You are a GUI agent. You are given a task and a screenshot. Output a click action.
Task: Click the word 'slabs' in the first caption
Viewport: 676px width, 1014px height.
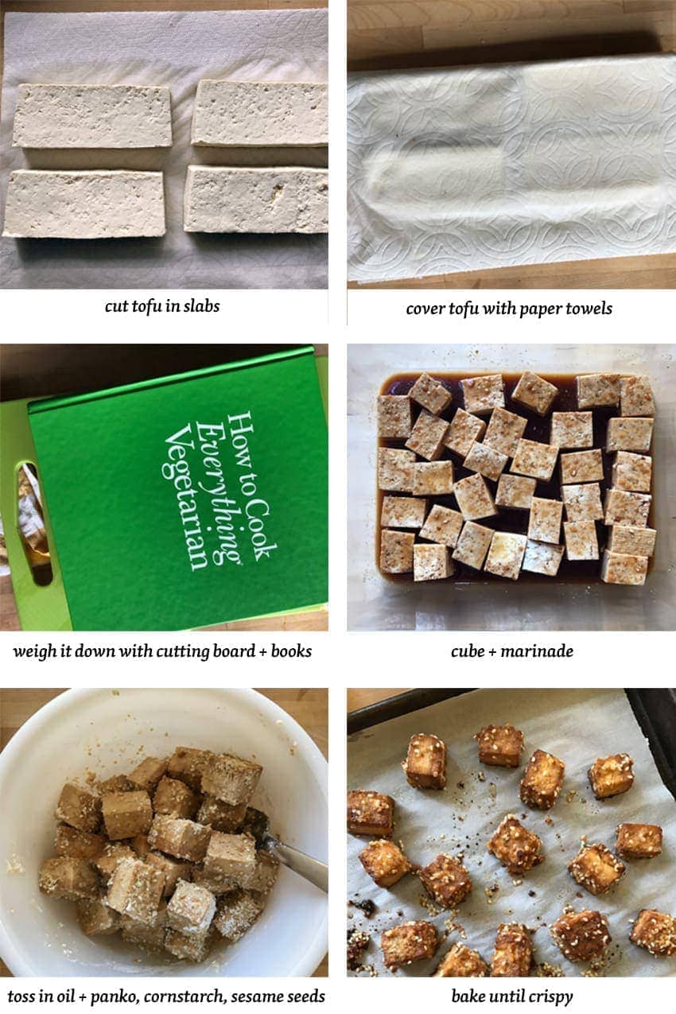(x=201, y=306)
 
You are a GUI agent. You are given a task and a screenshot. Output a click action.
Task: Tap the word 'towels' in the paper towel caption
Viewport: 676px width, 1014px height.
(x=589, y=309)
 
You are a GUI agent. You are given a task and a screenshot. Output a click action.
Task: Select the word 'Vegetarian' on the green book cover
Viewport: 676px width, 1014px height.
(x=185, y=496)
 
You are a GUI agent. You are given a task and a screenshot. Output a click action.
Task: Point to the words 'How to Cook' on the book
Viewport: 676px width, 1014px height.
(x=251, y=486)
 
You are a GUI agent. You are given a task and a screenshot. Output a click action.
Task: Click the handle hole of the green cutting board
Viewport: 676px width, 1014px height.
(x=33, y=523)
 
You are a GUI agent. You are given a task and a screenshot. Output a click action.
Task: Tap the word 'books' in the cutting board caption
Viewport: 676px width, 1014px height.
(x=291, y=651)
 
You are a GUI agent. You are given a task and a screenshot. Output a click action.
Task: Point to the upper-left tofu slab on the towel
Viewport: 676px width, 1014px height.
(x=92, y=116)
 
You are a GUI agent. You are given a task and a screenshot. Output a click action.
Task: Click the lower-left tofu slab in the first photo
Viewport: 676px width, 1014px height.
(x=84, y=204)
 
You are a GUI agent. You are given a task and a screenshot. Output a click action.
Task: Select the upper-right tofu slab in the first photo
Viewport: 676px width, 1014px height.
(x=260, y=113)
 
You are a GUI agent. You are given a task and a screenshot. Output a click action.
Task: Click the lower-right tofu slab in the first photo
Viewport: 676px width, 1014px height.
(x=256, y=200)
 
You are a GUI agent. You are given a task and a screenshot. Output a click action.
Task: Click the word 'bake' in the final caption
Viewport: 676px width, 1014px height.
(x=468, y=997)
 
